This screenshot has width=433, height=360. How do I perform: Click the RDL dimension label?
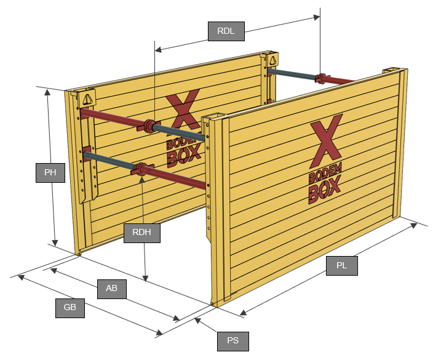coord(226,31)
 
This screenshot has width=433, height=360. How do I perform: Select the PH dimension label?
coord(50,173)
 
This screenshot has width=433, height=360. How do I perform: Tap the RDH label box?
coord(141,233)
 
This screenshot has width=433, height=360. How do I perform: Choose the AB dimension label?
coord(112,289)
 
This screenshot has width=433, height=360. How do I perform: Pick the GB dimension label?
coord(70,308)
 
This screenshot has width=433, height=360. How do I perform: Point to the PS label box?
coord(232,341)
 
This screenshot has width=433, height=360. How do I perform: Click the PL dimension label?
coord(342,266)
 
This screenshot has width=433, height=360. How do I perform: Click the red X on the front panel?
coord(326,141)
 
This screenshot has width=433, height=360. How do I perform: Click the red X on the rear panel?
coord(183,111)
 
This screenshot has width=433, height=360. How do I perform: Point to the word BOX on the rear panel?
coord(184,156)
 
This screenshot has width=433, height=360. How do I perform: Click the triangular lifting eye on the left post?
coord(88,99)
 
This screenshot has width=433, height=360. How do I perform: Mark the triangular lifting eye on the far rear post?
coord(272,60)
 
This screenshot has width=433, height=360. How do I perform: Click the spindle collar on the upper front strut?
coord(149,127)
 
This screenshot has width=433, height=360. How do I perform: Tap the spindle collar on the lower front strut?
coord(141,169)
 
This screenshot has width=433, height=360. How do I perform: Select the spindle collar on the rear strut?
coord(321,78)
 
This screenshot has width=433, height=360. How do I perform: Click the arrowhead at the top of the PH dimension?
coord(47,92)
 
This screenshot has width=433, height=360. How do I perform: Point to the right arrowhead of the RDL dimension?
coord(317,17)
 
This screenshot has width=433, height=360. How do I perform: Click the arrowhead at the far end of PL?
coord(414,225)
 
